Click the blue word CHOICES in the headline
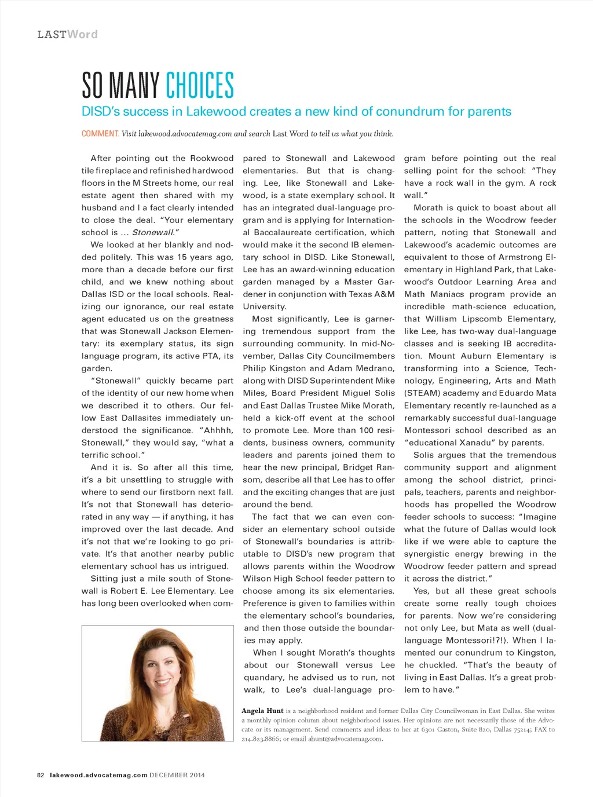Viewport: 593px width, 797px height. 200,86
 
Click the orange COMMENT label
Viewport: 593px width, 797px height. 100,134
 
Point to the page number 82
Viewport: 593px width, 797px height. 41,775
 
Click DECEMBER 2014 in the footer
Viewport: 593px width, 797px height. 177,775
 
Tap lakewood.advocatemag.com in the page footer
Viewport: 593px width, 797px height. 98,775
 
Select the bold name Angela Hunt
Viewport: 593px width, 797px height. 262,711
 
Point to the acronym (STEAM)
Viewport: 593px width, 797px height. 422,393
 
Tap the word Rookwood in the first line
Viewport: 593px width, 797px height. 212,158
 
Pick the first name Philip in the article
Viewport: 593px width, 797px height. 255,368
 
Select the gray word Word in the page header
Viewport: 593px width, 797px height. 82,35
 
